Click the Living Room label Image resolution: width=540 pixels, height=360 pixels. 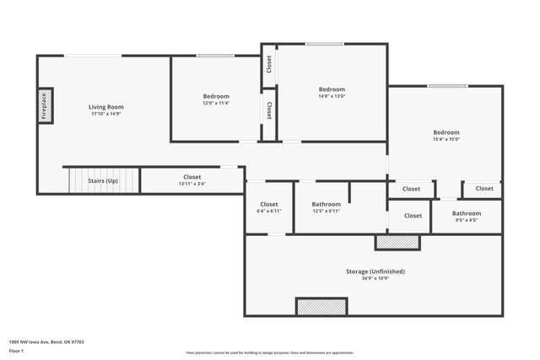pos(106,107)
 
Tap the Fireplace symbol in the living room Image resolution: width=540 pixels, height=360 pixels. pos(46,106)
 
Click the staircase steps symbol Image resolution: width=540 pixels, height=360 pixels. pos(83,180)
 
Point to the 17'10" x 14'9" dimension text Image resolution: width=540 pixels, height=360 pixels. pos(106,115)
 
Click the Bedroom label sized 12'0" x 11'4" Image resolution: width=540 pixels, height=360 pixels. pos(215,96)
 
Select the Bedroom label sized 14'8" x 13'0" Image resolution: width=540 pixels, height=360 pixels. pos(332,89)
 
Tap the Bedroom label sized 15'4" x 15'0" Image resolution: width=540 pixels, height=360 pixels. pos(446,132)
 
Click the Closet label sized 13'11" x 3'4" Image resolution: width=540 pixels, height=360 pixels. pos(192,177)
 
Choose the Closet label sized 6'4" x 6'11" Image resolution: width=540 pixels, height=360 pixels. pos(269,204)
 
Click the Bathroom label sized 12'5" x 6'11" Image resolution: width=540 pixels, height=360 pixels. pos(326,204)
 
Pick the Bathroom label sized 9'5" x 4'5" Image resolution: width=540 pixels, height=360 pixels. pos(466,213)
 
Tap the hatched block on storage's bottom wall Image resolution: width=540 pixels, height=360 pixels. pos(321,307)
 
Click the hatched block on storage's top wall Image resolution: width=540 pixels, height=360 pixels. pos(397,242)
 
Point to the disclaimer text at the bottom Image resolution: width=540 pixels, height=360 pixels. pos(269,352)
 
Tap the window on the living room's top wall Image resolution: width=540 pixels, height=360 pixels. pos(93,56)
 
